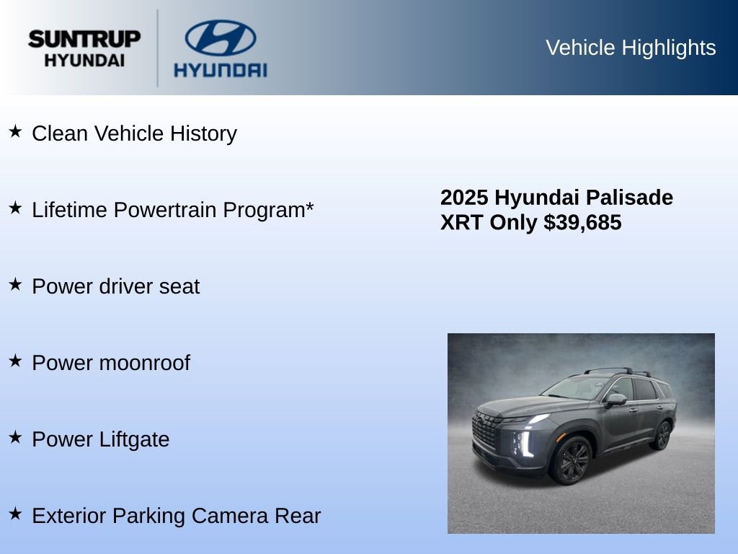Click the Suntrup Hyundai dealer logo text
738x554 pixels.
(x=84, y=48)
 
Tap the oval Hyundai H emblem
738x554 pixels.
(x=220, y=38)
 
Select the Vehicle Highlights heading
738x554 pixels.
(x=631, y=48)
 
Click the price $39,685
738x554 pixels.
(x=582, y=223)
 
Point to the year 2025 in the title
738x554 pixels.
(x=464, y=198)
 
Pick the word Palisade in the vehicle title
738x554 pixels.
(x=629, y=198)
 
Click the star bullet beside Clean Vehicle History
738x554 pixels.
(x=15, y=131)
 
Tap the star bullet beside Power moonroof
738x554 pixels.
(x=15, y=361)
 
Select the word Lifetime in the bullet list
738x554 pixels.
(x=70, y=210)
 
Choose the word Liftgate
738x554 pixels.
(x=135, y=439)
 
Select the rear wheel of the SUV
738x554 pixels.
(x=661, y=435)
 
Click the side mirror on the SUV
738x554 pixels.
(x=616, y=399)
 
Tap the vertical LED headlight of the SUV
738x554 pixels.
(x=523, y=444)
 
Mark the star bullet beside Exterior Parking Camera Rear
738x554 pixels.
(x=15, y=514)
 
